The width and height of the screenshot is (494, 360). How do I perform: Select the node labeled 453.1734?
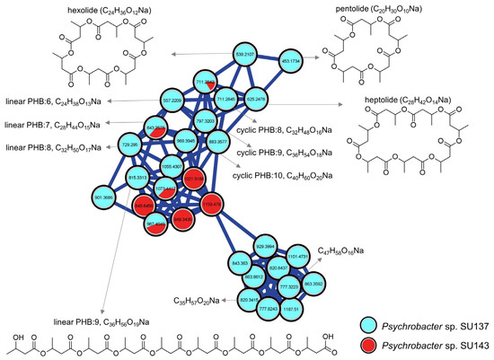[291, 59]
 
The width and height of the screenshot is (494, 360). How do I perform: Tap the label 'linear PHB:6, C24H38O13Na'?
[56, 101]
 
